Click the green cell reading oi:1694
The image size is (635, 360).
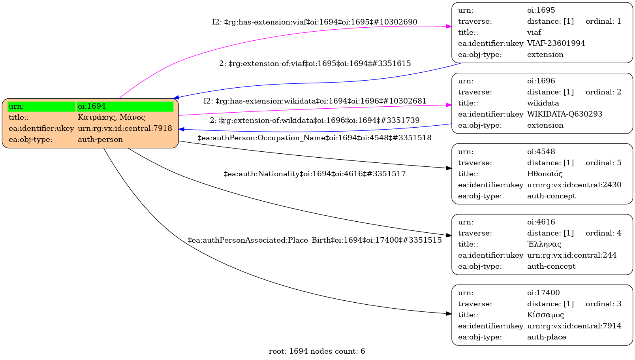click(125, 106)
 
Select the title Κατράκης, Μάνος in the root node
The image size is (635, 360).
click(111, 117)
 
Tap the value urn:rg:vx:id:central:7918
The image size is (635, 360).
click(125, 128)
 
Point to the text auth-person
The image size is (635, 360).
click(100, 139)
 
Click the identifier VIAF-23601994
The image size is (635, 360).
click(556, 43)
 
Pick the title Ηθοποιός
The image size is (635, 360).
click(545, 174)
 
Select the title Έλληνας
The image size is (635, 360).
click(544, 244)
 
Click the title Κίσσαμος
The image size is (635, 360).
click(545, 315)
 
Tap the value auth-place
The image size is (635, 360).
click(547, 337)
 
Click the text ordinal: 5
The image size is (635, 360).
click(603, 163)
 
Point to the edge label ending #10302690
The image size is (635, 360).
click(314, 22)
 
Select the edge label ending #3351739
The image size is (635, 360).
click(314, 121)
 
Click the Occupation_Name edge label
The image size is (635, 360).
click(314, 138)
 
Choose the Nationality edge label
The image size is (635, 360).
click(314, 174)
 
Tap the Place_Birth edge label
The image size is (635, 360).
click(314, 240)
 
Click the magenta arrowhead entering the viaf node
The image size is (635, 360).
click(449, 26)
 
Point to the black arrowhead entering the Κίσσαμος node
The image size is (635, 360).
click(449, 314)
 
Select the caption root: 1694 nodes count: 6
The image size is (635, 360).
click(317, 351)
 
